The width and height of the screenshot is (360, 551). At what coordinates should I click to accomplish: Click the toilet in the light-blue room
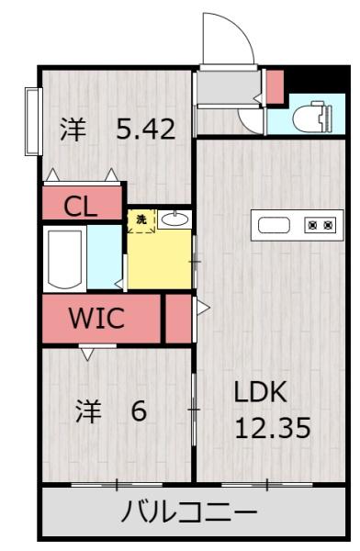click(x=311, y=116)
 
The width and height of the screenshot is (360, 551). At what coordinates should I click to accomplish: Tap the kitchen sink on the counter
click(x=274, y=225)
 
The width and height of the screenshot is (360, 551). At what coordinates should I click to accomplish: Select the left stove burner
click(x=312, y=224)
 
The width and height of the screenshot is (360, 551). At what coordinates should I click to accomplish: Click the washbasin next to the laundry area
click(x=174, y=219)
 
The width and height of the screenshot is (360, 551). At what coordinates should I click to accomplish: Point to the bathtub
click(x=64, y=259)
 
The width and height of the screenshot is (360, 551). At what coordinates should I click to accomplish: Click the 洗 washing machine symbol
click(x=141, y=220)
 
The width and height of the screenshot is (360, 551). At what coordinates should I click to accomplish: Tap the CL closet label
click(x=81, y=207)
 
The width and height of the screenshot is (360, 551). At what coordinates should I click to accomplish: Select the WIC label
click(x=96, y=318)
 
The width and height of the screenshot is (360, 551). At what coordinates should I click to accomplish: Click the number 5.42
click(x=145, y=129)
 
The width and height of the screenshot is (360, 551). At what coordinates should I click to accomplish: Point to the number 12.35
click(x=273, y=427)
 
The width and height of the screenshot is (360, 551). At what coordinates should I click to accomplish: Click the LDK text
click(x=260, y=392)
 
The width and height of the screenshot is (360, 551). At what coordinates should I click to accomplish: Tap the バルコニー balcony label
click(x=190, y=512)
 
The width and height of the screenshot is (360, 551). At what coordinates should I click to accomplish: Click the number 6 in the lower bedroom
click(x=139, y=410)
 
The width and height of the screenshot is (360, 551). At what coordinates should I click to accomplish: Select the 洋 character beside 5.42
click(x=73, y=129)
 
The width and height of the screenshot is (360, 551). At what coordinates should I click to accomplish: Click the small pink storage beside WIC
click(x=178, y=319)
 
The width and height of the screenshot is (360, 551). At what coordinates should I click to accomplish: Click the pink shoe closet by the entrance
click(x=275, y=87)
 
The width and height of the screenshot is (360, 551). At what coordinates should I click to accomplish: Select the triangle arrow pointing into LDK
click(x=203, y=308)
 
